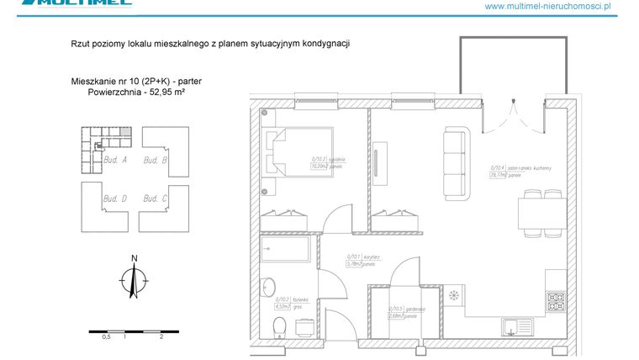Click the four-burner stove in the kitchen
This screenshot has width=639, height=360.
click(556, 298)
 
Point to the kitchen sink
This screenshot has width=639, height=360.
click(517, 326)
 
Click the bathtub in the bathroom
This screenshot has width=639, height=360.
click(286, 249)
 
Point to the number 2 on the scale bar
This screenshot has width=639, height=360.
click(160, 336)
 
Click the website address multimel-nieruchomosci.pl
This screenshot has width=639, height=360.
click(560, 6)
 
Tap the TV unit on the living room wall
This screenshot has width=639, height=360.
click(381, 160)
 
